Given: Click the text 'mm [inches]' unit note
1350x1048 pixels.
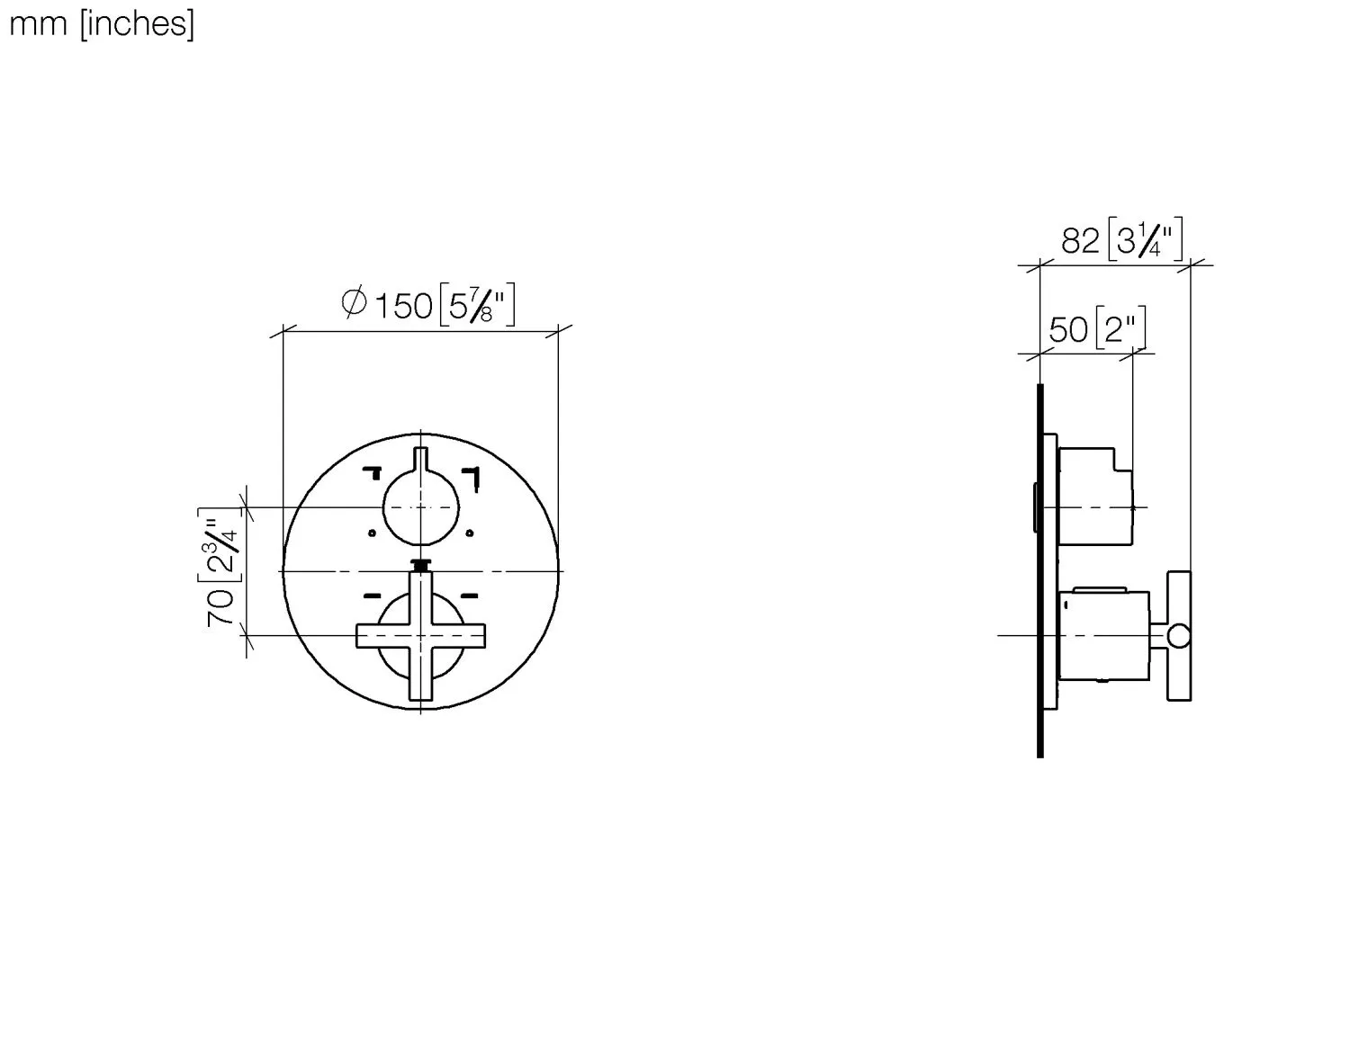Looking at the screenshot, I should tap(101, 23).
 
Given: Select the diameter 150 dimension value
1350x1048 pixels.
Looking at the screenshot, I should tap(403, 306).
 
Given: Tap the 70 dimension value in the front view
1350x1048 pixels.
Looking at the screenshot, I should tap(221, 608).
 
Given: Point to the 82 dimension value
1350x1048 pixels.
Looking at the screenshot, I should tap(1080, 241).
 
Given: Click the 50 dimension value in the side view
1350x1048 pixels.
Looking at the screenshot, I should tap(1068, 330).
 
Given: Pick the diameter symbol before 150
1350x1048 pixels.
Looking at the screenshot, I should tap(354, 303).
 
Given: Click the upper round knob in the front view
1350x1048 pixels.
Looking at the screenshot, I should tap(420, 507).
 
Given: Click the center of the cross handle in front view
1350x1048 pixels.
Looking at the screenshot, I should tap(420, 636).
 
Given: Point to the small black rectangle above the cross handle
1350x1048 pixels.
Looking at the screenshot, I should tap(420, 565).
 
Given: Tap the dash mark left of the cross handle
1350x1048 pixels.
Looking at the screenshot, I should tap(373, 596).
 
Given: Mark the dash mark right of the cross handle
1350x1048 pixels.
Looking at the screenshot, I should tap(469, 596).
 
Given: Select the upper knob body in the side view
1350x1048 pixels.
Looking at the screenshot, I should tap(1095, 497).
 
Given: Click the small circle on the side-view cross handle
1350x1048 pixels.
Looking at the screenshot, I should tap(1178, 636).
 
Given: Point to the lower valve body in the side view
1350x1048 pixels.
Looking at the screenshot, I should tap(1105, 636).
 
